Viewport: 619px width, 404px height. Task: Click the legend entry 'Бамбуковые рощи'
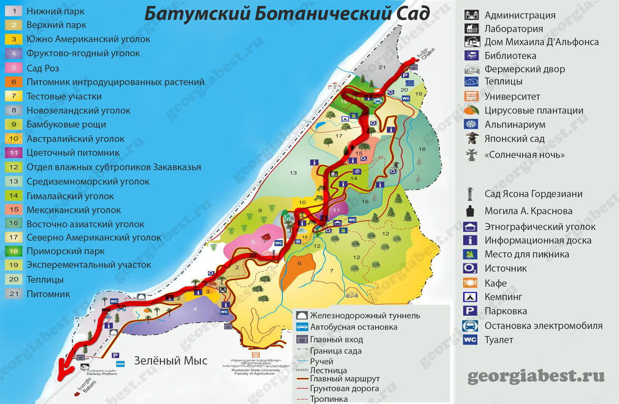click(x=66, y=124)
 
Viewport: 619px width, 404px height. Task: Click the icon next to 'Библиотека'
click(x=472, y=56)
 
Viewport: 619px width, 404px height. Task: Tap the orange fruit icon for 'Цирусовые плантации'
click(x=472, y=110)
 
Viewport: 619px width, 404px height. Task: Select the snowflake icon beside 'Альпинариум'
click(x=472, y=124)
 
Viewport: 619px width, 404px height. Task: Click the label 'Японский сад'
click(x=514, y=139)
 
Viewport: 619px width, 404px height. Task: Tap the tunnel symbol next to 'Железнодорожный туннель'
click(x=302, y=315)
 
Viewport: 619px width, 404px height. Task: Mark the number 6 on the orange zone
click(x=298, y=263)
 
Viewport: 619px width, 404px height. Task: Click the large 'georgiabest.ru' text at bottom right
click(x=535, y=377)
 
